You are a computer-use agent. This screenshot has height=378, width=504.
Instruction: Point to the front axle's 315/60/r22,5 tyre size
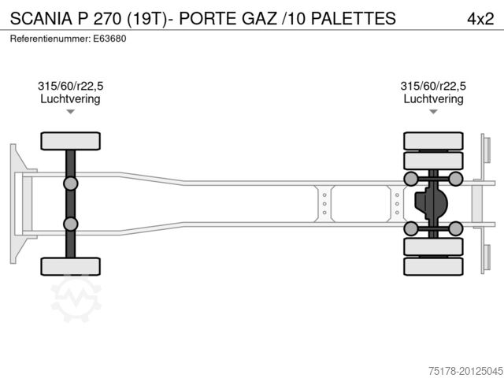(x=70, y=87)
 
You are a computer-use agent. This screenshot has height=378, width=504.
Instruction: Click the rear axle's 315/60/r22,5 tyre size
(x=433, y=87)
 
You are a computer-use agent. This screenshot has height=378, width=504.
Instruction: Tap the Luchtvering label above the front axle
(x=70, y=99)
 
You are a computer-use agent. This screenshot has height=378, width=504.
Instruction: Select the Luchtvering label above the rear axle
(x=433, y=99)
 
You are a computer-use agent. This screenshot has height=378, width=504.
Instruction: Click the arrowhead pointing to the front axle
(x=70, y=112)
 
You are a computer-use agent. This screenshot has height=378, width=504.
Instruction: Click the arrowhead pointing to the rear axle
(x=433, y=112)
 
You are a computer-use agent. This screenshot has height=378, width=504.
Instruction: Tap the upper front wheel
(x=71, y=142)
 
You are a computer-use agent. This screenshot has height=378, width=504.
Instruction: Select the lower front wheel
(x=71, y=266)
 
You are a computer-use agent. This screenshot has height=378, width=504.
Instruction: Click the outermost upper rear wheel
(x=433, y=142)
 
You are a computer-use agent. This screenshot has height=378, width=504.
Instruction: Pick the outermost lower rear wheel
(x=433, y=266)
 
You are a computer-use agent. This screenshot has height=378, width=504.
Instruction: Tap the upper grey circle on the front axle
(x=71, y=184)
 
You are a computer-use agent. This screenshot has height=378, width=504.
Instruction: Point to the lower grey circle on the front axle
(x=71, y=224)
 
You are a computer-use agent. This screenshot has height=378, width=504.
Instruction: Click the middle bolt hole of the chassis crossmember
(x=324, y=204)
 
